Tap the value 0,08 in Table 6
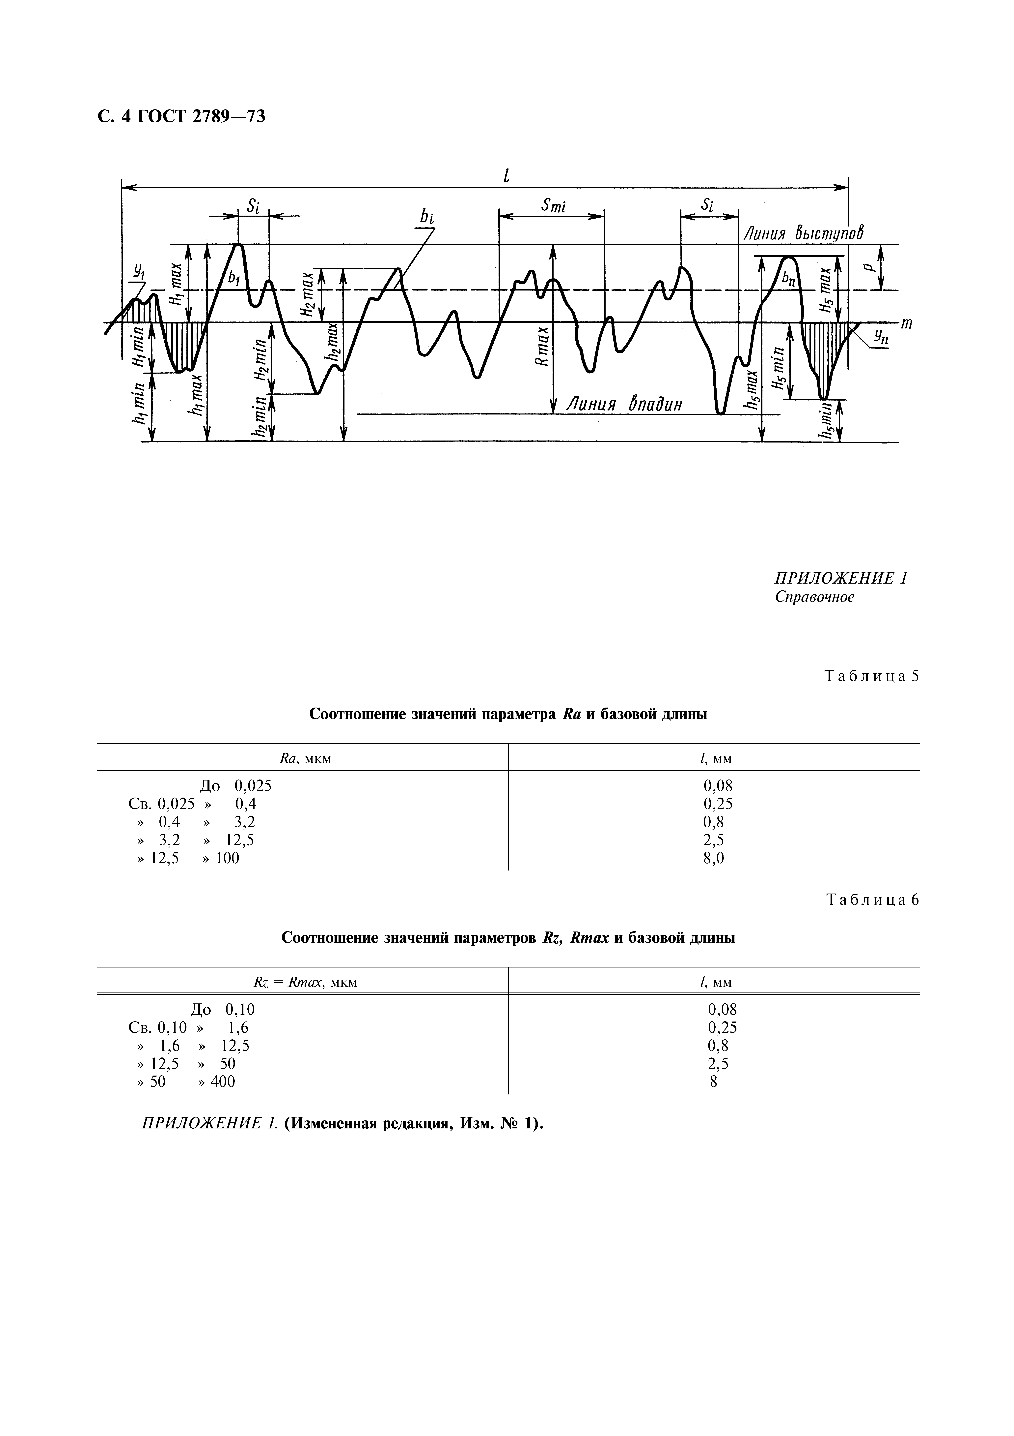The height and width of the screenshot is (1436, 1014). [x=722, y=1009]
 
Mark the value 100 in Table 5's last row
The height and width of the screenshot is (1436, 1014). [x=227, y=858]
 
